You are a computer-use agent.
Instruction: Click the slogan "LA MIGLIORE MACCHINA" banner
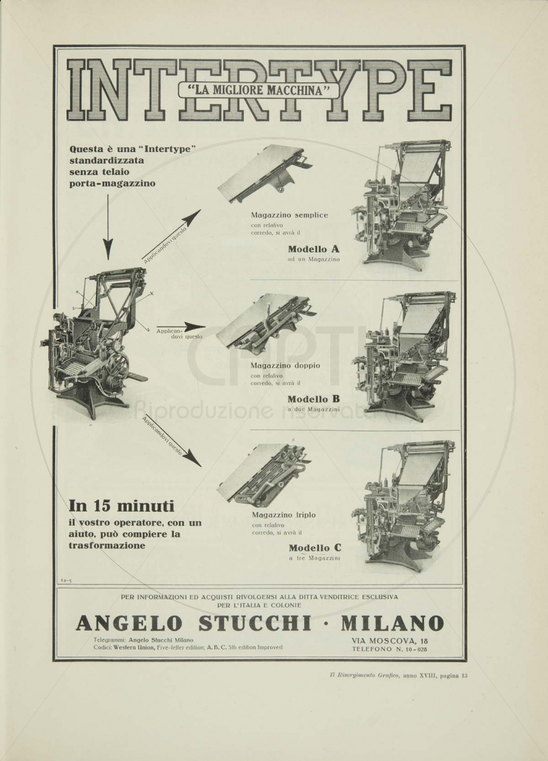point(259,91)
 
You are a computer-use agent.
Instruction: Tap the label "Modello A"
point(314,249)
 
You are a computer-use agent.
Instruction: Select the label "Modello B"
point(314,399)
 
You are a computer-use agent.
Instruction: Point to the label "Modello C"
point(315,548)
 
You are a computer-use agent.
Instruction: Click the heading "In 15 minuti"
point(121,507)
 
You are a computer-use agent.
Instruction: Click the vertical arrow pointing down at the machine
point(108,227)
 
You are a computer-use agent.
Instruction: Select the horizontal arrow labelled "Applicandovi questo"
point(182,327)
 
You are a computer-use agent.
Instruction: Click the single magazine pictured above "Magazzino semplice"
point(265,172)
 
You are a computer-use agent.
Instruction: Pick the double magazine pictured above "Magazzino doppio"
point(266,325)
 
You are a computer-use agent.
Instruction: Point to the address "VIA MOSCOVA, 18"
point(389,641)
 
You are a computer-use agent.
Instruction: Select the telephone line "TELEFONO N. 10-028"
point(389,649)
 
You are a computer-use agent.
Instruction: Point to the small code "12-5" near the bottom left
point(66,581)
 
